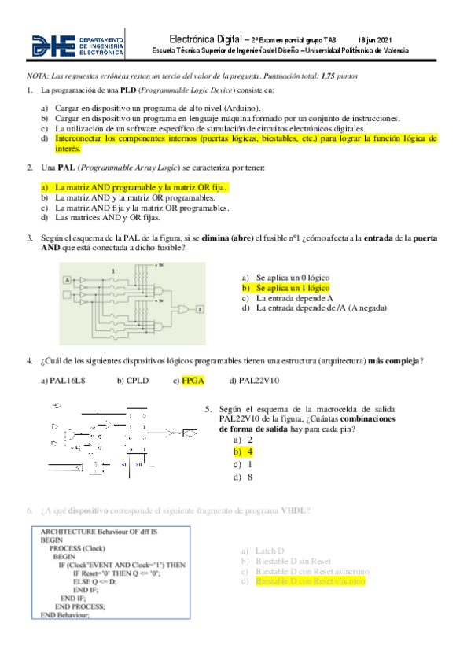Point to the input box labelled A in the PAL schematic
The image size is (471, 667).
click(x=67, y=280)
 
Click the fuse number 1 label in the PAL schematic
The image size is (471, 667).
click(x=114, y=271)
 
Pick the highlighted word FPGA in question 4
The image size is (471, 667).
click(x=193, y=381)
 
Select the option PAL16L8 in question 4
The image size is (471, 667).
click(x=67, y=381)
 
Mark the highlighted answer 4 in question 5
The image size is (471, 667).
click(x=249, y=452)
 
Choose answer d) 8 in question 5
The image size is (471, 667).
click(x=249, y=477)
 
